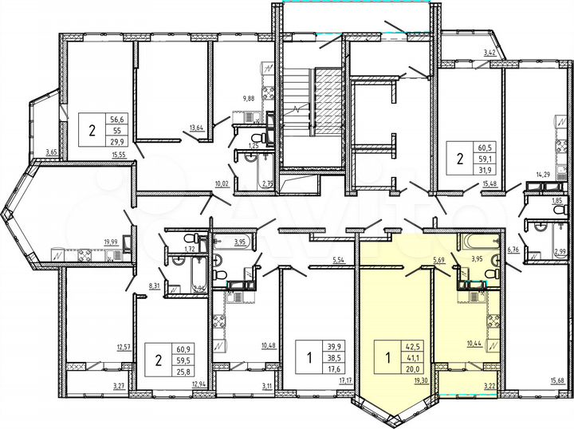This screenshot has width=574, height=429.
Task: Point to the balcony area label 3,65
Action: [x=52, y=152]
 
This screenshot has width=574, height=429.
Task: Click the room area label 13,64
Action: [x=195, y=126]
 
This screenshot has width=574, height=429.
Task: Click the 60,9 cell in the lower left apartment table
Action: [x=184, y=349]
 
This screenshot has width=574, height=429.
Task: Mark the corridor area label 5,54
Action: [x=337, y=261]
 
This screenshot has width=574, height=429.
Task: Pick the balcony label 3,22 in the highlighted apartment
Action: [x=489, y=387]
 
